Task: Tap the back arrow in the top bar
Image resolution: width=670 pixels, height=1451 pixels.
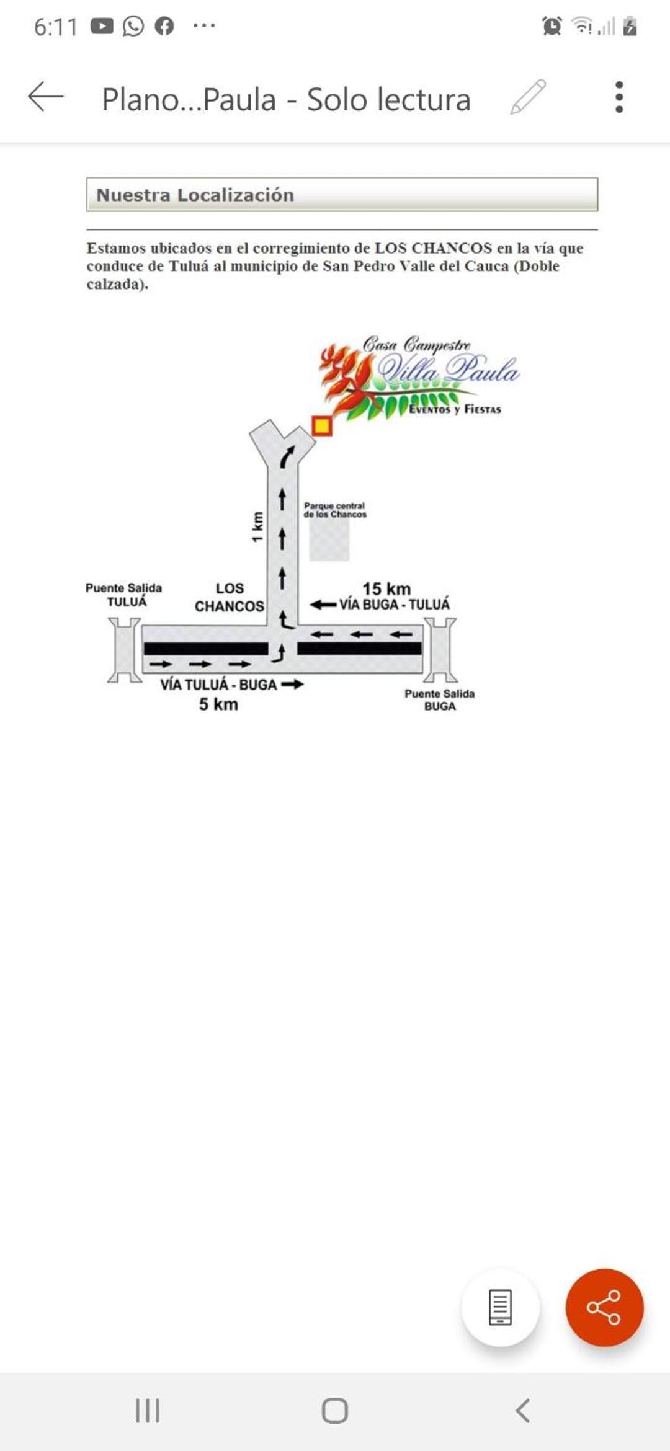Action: (x=46, y=97)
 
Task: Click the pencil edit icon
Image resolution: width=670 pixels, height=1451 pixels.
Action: (x=528, y=97)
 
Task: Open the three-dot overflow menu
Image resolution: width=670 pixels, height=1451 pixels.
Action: (x=619, y=97)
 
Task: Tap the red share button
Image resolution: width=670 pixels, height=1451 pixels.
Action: (x=604, y=1307)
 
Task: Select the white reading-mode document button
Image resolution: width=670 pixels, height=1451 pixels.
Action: (x=500, y=1307)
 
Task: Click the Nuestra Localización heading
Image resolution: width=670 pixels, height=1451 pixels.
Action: (x=195, y=195)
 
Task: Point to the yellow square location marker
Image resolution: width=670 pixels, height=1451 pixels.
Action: (x=321, y=426)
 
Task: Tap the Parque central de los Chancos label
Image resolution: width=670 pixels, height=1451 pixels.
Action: (x=335, y=510)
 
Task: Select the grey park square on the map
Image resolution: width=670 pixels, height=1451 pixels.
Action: (x=329, y=539)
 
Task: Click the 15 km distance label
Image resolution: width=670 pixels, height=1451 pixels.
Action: (x=386, y=588)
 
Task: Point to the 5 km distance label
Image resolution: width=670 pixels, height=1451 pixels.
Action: (x=218, y=704)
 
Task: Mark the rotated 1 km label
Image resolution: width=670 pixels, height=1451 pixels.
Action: (x=257, y=526)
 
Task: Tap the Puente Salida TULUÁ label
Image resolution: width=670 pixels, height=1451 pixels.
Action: (x=124, y=595)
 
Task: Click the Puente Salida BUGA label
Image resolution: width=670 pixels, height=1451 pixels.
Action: (x=440, y=699)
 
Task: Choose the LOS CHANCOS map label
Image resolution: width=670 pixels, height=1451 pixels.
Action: (x=230, y=597)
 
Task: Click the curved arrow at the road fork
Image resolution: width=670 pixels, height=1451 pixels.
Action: (x=287, y=457)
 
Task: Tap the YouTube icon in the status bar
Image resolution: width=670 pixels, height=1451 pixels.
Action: (x=102, y=26)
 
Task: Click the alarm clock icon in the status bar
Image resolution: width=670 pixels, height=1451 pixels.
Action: (x=552, y=26)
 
